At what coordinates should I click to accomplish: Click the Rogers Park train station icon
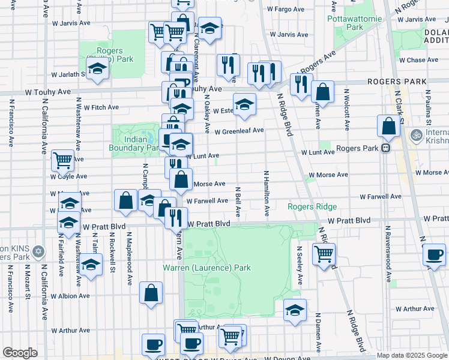[x=386, y=148]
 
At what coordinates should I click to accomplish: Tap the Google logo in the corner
[x=20, y=353]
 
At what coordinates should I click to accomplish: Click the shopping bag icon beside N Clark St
[x=388, y=126]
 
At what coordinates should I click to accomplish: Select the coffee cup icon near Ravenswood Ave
[x=433, y=254]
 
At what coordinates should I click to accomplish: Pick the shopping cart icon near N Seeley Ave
[x=324, y=254]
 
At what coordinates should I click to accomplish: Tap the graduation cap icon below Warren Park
[x=294, y=310]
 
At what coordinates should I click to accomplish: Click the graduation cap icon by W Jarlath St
[x=97, y=69]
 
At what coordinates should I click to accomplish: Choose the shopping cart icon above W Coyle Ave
[x=62, y=160]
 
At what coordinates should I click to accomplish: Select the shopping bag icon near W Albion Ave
[x=151, y=293]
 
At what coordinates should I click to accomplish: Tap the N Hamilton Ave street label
[x=267, y=193]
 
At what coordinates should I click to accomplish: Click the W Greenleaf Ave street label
[x=239, y=131]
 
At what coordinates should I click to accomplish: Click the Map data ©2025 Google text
[x=412, y=355]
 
